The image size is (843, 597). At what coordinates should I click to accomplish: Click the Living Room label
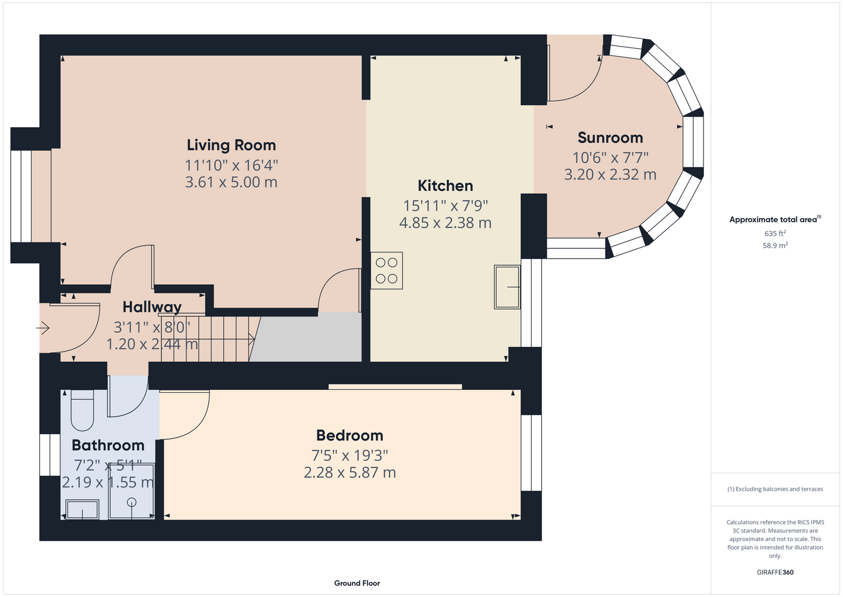click(x=231, y=145)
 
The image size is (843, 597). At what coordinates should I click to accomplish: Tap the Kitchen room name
click(x=445, y=186)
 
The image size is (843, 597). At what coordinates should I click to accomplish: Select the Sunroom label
click(x=610, y=138)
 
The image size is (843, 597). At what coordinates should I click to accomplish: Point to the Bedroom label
click(x=350, y=435)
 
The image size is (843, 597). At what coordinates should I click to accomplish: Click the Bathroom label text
click(x=108, y=445)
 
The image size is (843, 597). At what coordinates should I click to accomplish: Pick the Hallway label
click(x=152, y=307)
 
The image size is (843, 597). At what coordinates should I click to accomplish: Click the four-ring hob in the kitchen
click(x=387, y=270)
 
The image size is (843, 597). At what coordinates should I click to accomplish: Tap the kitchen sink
click(x=507, y=287)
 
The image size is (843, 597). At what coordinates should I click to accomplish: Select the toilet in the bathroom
click(x=82, y=410)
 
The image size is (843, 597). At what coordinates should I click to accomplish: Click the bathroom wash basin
click(x=82, y=509)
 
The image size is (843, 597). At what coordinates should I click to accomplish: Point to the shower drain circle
click(x=131, y=502)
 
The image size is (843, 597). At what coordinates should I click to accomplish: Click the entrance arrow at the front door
click(x=43, y=328)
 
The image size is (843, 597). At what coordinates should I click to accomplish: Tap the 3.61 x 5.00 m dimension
click(x=231, y=182)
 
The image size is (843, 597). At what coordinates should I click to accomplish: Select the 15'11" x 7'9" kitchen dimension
click(x=445, y=206)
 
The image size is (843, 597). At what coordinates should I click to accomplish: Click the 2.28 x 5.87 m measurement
click(x=350, y=473)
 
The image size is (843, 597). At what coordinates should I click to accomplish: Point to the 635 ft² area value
click(x=775, y=233)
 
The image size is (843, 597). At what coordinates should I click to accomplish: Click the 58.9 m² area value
click(x=775, y=245)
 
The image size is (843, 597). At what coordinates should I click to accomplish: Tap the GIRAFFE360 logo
click(x=775, y=572)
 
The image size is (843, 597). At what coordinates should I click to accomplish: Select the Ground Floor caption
click(x=357, y=583)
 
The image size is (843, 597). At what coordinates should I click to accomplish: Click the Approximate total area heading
click(x=775, y=219)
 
